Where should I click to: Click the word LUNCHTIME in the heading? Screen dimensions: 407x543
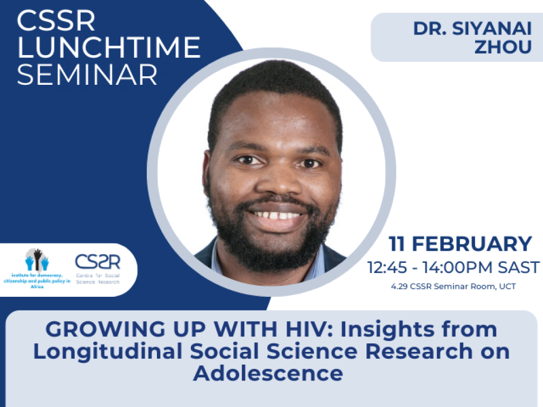[109, 48]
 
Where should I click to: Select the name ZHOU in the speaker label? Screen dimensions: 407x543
[503, 47]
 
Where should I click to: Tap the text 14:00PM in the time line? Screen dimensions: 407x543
[461, 267]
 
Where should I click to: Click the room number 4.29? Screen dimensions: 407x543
[398, 287]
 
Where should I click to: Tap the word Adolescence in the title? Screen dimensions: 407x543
[268, 374]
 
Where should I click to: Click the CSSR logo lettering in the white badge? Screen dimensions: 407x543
[98, 262]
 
